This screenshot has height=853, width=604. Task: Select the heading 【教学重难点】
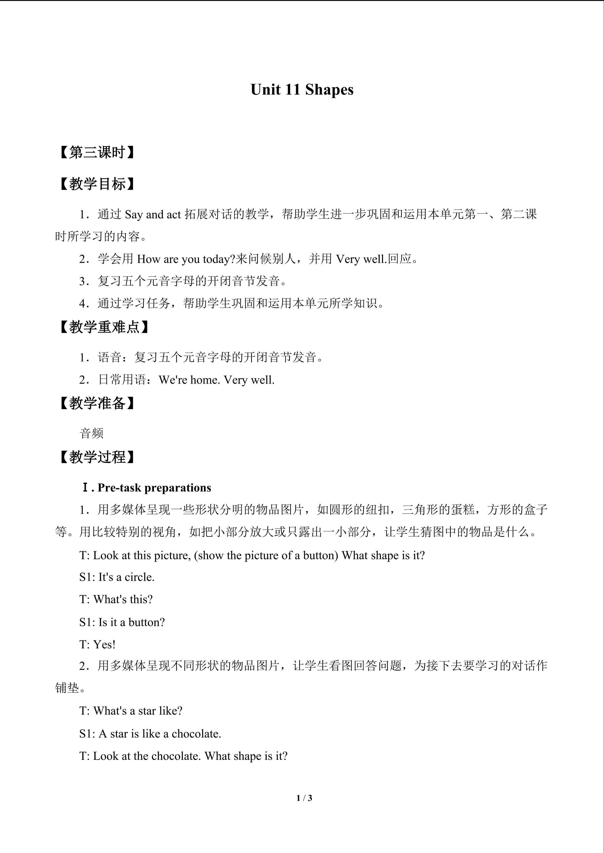(x=104, y=327)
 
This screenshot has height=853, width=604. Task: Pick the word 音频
(x=92, y=433)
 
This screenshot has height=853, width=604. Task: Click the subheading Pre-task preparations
(x=154, y=488)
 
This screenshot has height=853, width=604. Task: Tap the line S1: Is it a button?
(x=122, y=622)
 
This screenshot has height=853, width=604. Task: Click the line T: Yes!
(x=97, y=645)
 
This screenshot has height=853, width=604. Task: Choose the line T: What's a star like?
(x=131, y=711)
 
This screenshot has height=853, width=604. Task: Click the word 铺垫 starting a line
(x=67, y=688)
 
